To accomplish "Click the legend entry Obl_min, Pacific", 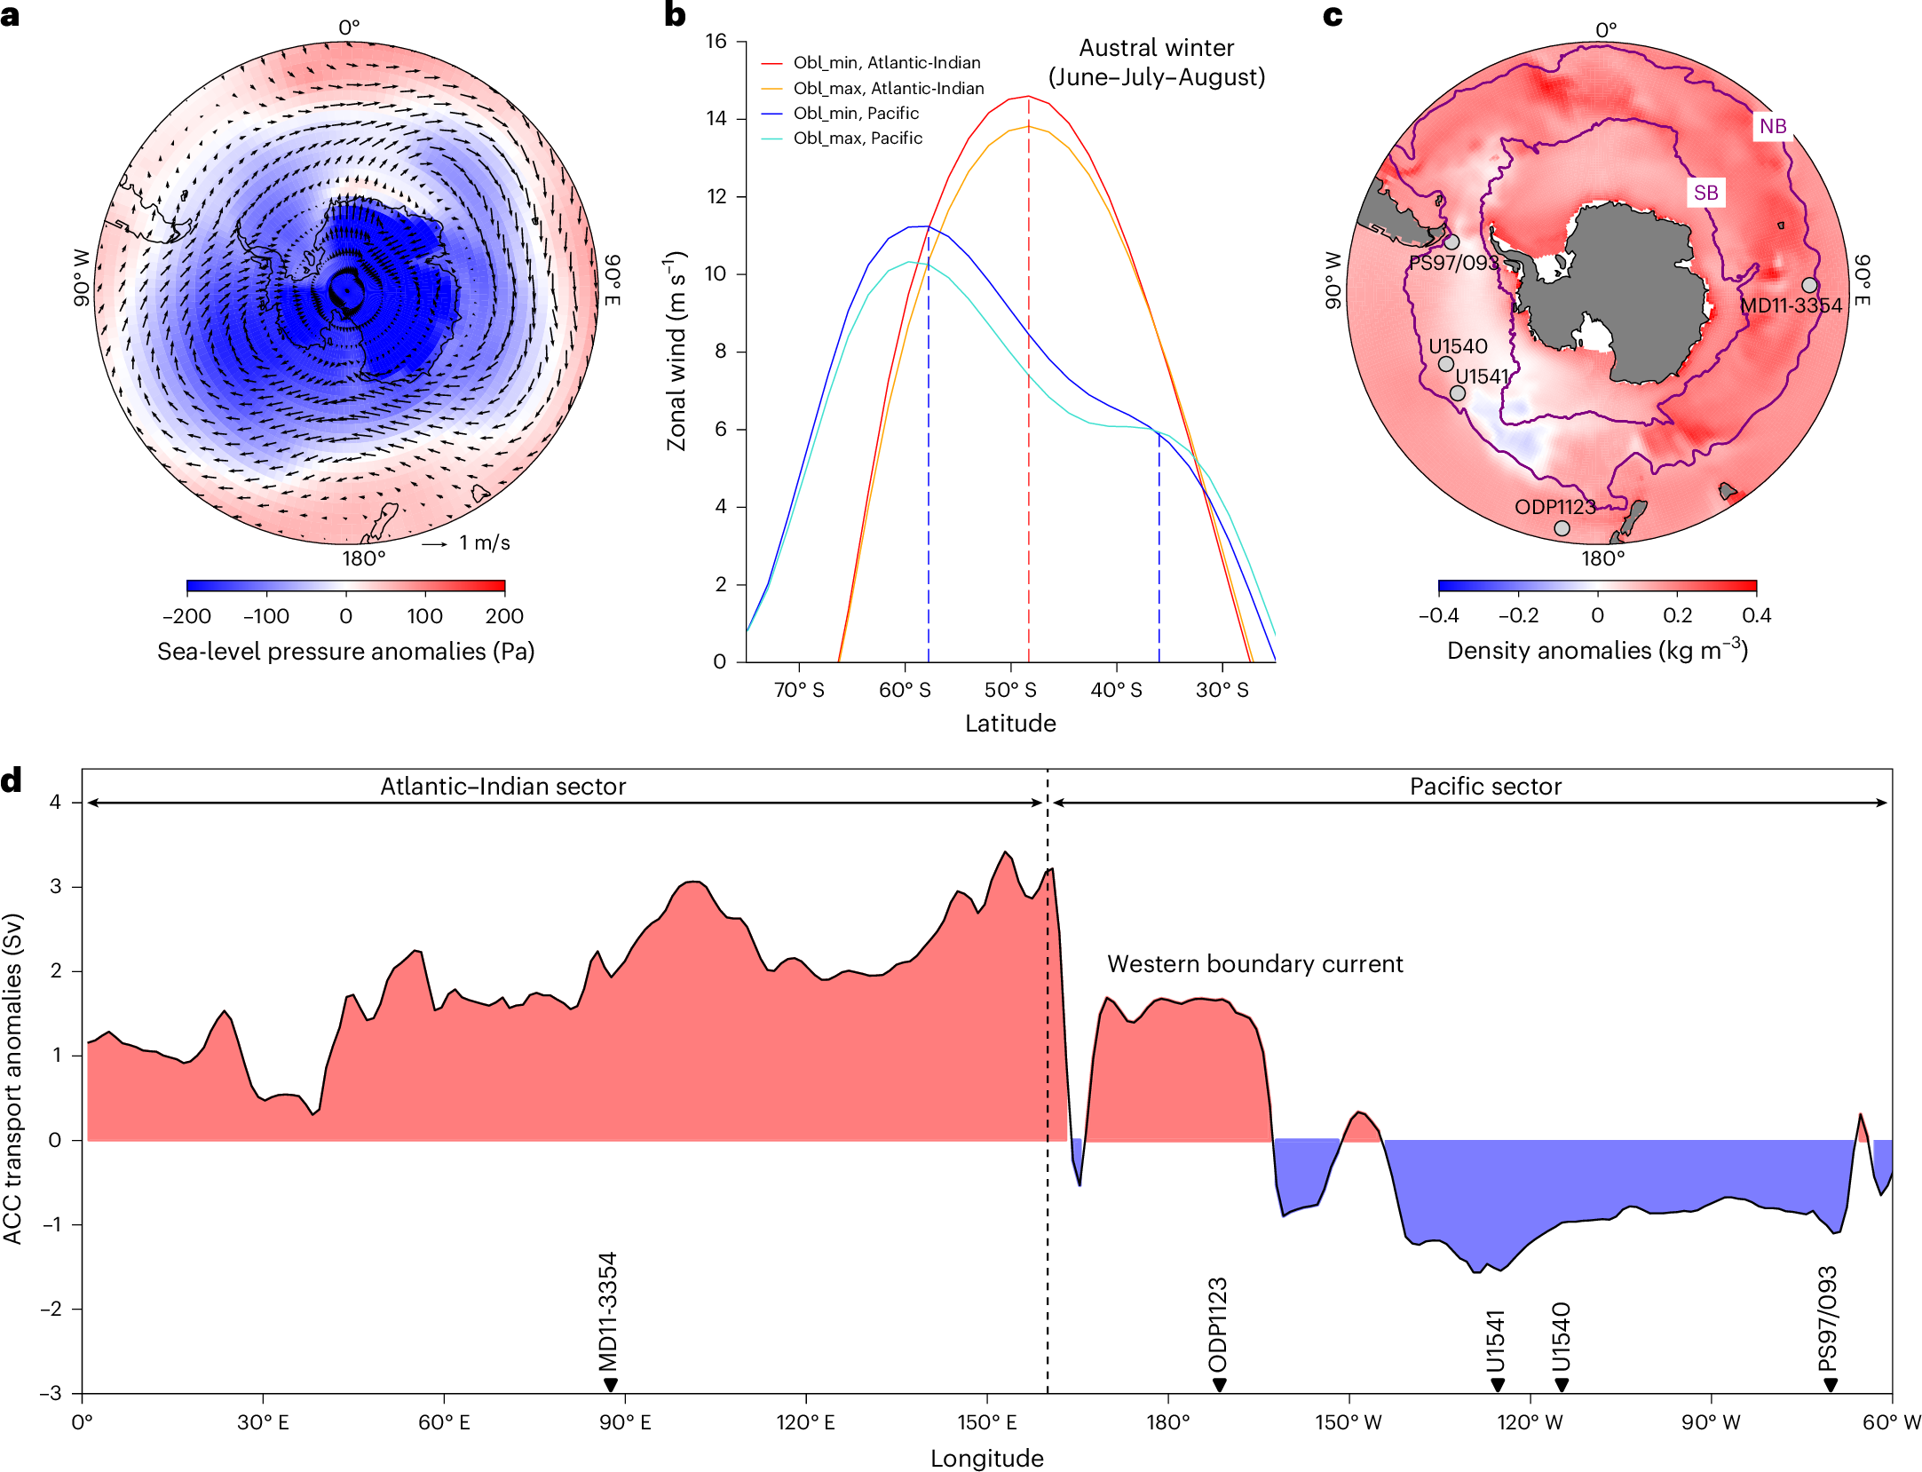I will click(855, 113).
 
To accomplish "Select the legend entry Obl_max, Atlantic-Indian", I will click(888, 88).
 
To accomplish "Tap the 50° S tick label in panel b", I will click(1010, 690).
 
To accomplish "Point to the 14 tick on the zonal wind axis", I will click(716, 119).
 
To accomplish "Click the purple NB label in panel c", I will click(1772, 126).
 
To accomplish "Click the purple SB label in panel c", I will click(1705, 193).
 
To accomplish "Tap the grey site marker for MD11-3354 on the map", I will click(1809, 285).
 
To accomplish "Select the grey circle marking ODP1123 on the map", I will click(1562, 528).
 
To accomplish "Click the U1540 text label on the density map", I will click(1458, 346).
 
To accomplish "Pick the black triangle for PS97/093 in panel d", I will click(1830, 1385).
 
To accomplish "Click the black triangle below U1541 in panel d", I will click(1498, 1385).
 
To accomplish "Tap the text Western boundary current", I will click(1254, 964).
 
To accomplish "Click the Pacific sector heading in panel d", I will click(1485, 787).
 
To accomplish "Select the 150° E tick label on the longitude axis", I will click(986, 1422).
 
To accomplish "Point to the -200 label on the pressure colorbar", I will click(186, 616).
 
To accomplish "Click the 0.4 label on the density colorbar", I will click(1756, 615).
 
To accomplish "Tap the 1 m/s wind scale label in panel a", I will click(484, 542).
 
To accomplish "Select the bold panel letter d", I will click(12, 780).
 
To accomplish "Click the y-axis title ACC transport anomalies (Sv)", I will click(12, 1078).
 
